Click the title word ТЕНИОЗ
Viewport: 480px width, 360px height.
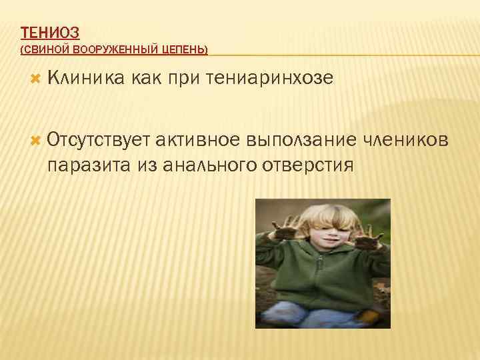(x=50, y=32)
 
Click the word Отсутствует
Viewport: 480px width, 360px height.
(x=99, y=140)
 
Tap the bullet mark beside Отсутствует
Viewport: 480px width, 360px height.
(x=36, y=140)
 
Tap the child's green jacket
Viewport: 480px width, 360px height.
(x=323, y=273)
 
